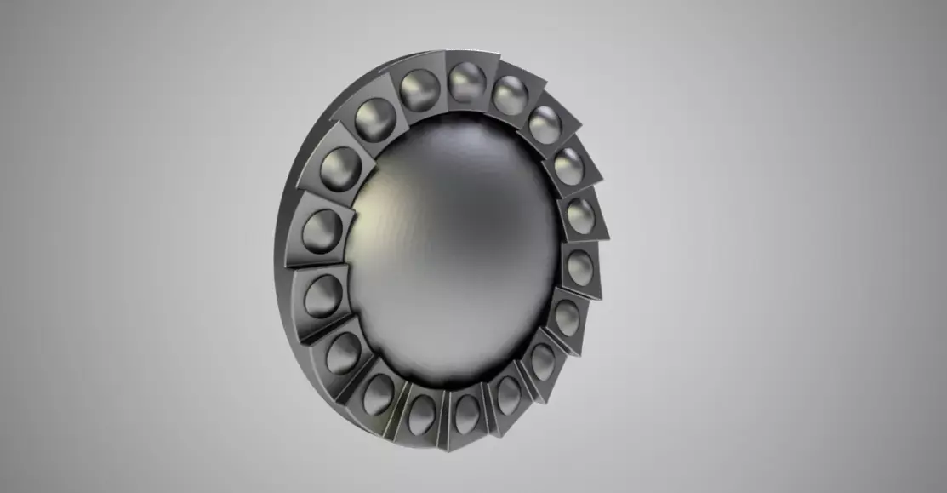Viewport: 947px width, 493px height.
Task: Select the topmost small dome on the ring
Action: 466,83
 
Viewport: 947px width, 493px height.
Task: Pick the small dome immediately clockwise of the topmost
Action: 511,95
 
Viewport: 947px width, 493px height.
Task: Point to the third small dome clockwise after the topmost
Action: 568,166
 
